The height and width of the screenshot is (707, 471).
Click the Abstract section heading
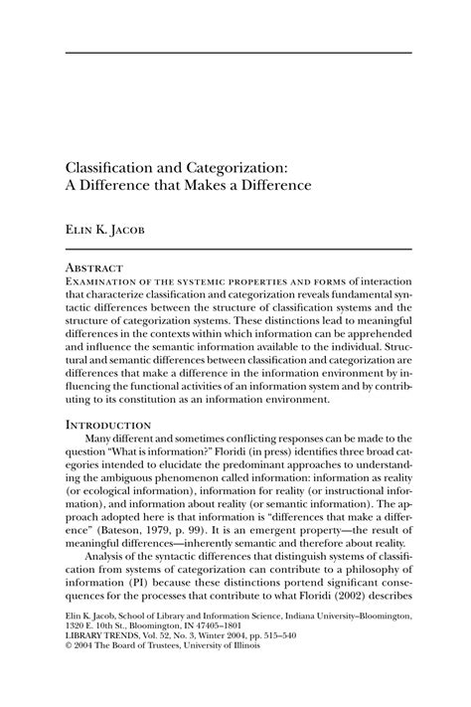[94, 268]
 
